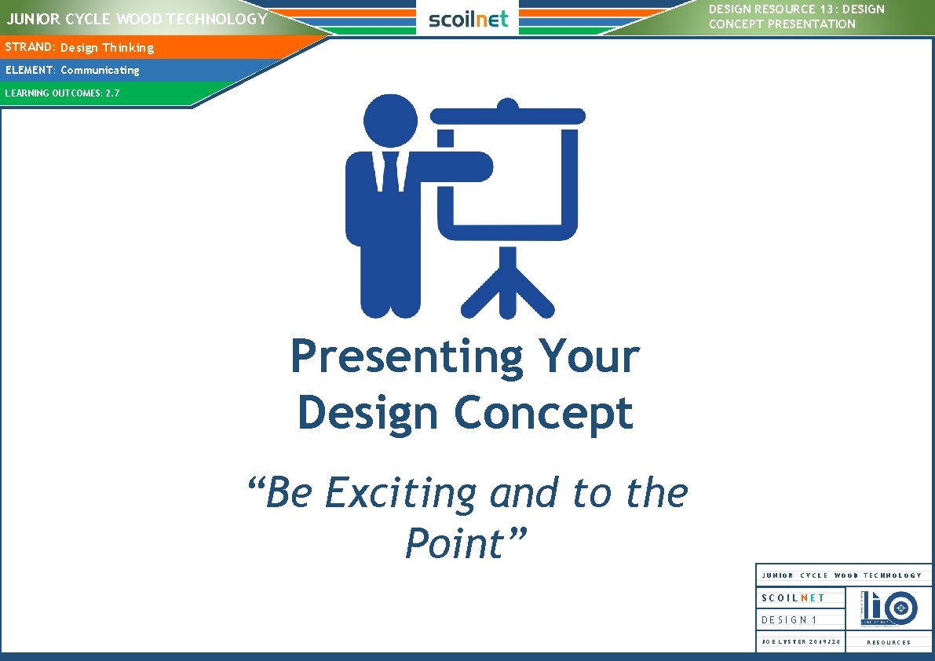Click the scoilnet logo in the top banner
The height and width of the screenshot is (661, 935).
[x=468, y=19]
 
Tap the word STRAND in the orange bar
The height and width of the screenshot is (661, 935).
[x=29, y=47]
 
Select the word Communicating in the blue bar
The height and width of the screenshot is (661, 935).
[x=100, y=70]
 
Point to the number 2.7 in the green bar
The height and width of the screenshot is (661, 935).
[x=112, y=93]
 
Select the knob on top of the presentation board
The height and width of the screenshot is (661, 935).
[x=509, y=104]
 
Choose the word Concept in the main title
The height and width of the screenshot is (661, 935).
[x=544, y=413]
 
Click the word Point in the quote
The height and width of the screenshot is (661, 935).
[x=454, y=543]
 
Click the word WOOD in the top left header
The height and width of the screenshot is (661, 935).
[x=141, y=19]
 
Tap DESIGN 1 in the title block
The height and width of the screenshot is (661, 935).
[x=789, y=619]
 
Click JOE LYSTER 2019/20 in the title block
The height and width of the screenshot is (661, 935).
[x=801, y=642]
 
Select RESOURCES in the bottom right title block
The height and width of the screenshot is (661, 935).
[x=889, y=642]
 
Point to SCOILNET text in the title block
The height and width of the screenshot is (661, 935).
[x=793, y=598]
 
